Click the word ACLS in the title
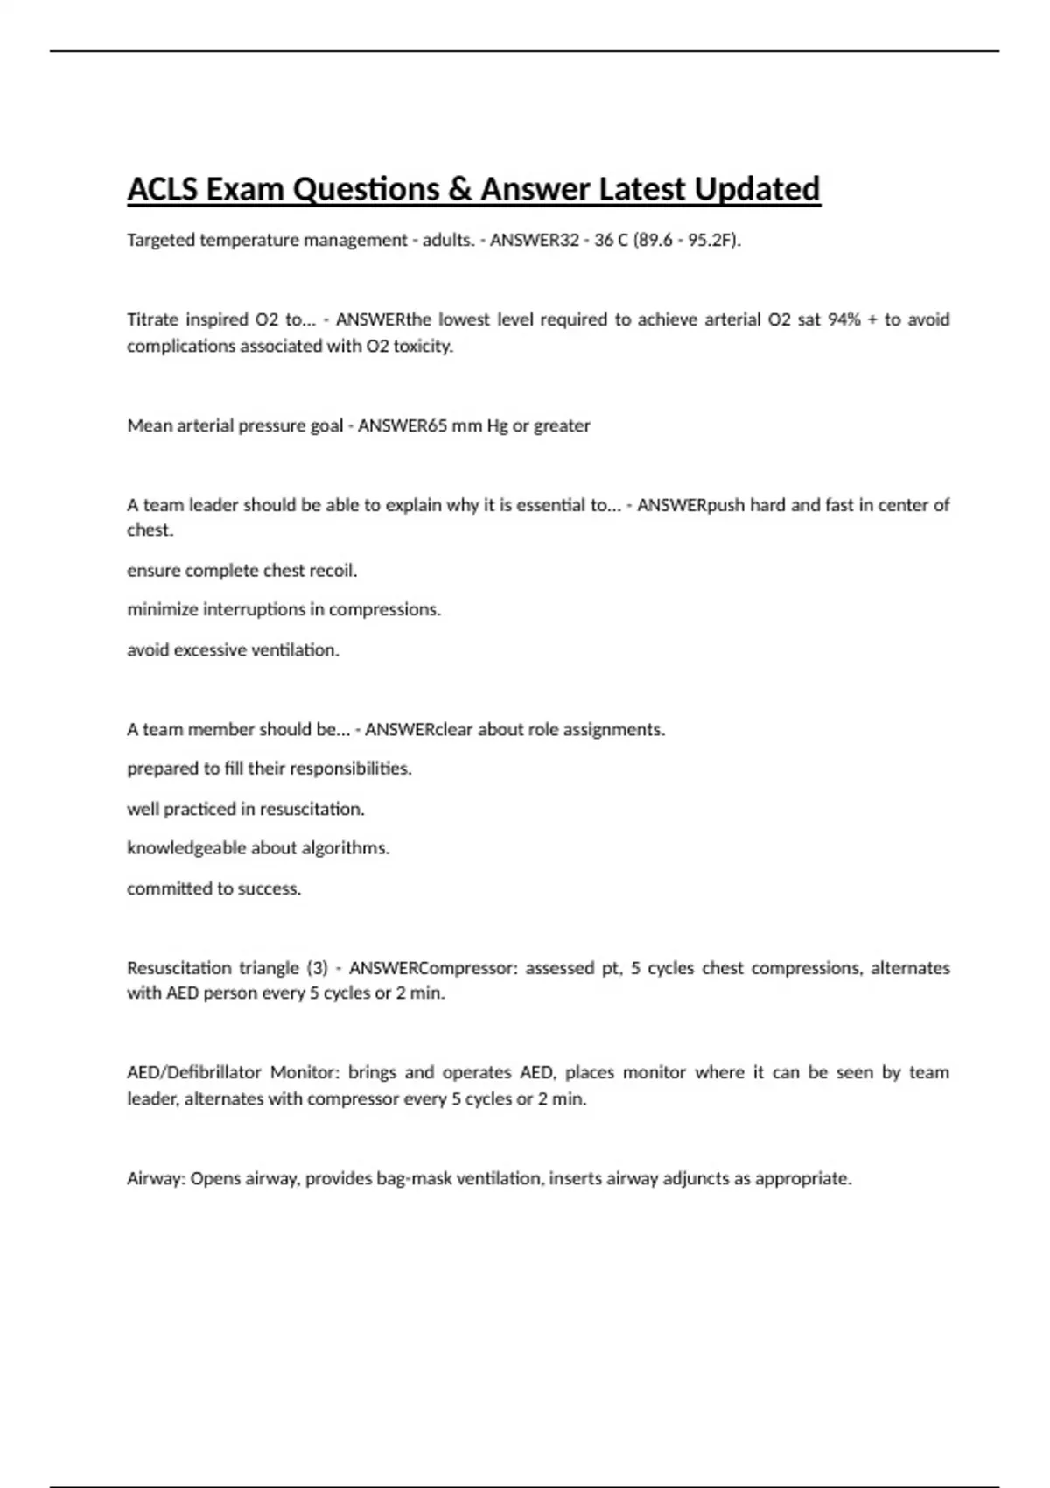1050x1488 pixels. click(x=163, y=189)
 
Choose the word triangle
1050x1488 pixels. click(x=269, y=968)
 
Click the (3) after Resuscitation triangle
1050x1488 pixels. click(x=317, y=968)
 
